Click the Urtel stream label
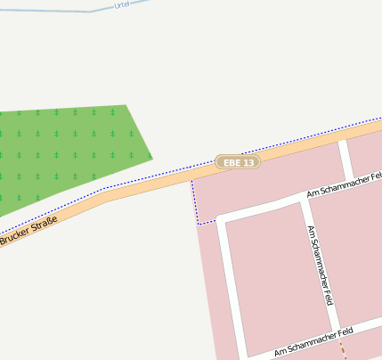tap(122, 4)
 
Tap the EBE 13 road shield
tap(238, 162)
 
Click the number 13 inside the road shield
tap(249, 162)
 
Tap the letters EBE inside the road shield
tap(232, 162)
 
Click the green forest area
tap(62, 151)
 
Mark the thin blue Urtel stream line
tap(53, 8)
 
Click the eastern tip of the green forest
tap(152, 158)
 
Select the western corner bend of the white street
tap(221, 218)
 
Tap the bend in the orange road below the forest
tap(105, 196)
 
